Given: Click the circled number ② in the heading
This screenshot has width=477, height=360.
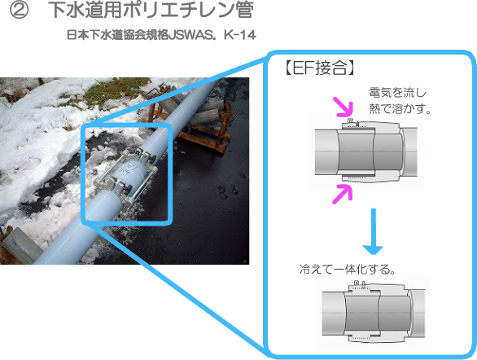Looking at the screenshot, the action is [20, 10].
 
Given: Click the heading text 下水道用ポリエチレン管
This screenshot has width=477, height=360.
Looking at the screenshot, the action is [151, 10].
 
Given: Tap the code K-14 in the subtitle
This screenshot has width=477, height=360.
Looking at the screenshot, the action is [239, 35].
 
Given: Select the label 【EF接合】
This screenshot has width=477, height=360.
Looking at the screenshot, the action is [319, 68].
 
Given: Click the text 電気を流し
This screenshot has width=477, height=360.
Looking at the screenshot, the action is [397, 93].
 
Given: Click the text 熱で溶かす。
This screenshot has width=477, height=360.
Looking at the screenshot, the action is [400, 108].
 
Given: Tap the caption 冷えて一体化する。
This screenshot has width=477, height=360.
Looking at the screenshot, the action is [347, 270].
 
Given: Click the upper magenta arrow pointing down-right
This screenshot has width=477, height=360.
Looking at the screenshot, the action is [344, 108].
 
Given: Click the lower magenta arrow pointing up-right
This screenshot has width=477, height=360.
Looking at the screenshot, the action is [343, 194].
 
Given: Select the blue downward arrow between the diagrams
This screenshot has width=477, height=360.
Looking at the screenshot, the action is [373, 231].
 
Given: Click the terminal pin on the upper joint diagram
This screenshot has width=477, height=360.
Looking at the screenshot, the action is [350, 121].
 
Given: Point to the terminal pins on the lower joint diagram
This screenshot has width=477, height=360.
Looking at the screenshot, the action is [360, 283].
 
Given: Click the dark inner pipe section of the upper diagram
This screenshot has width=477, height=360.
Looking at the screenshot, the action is [356, 151].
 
